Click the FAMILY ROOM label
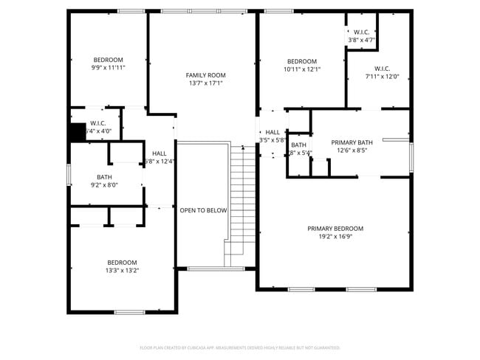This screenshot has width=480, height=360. point(205,75)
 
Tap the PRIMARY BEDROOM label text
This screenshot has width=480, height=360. point(335,229)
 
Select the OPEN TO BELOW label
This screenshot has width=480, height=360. point(203,210)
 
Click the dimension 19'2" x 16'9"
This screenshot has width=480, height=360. point(335,237)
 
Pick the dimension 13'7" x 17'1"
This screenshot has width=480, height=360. point(205,83)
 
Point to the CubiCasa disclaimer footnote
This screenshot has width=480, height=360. point(239,347)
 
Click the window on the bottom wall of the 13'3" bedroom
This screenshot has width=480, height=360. point(129,312)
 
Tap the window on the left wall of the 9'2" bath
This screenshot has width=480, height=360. point(69,174)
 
